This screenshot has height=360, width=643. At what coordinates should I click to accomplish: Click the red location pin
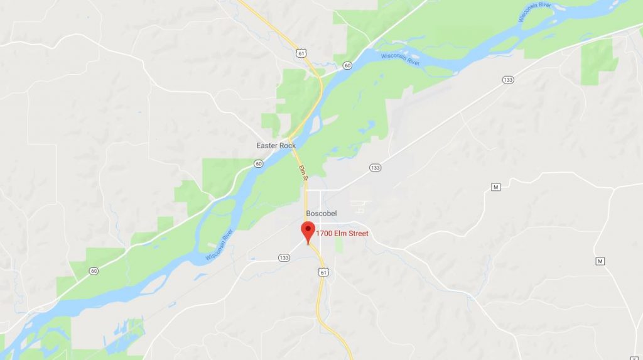308,231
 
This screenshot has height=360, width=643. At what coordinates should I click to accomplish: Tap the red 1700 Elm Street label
342,234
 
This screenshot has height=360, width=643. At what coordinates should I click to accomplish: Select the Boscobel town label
321,214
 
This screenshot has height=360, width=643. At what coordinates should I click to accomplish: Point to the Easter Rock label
276,146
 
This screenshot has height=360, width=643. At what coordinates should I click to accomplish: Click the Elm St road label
303,173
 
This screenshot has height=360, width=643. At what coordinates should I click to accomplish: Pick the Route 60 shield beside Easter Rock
259,163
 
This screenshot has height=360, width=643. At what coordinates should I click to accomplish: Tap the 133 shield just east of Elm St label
376,168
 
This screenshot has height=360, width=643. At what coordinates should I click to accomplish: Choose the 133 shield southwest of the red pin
284,258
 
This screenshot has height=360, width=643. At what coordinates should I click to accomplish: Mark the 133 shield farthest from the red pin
507,79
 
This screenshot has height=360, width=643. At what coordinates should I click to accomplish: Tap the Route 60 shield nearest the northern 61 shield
347,65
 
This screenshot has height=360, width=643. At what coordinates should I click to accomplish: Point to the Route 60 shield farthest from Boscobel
94,271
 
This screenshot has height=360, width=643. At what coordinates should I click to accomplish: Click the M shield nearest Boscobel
496,187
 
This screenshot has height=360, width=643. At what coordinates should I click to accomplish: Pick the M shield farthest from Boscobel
600,261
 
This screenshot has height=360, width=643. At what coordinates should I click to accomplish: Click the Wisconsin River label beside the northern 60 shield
399,58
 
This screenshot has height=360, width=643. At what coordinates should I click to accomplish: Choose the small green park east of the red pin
340,245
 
